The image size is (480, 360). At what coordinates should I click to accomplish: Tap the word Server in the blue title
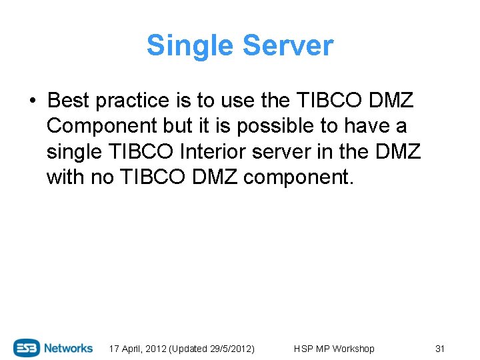[288, 46]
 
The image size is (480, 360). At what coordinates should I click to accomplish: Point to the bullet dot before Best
[32, 101]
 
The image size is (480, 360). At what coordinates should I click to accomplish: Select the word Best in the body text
[69, 101]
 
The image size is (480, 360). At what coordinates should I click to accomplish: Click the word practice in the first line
[133, 101]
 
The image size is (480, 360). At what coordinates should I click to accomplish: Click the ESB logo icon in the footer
[27, 348]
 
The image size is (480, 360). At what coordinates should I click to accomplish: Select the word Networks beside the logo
[69, 348]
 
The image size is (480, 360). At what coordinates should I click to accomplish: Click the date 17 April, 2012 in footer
[138, 349]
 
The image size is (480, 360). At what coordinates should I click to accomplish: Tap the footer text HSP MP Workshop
[334, 349]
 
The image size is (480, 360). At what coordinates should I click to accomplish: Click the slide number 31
[439, 349]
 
